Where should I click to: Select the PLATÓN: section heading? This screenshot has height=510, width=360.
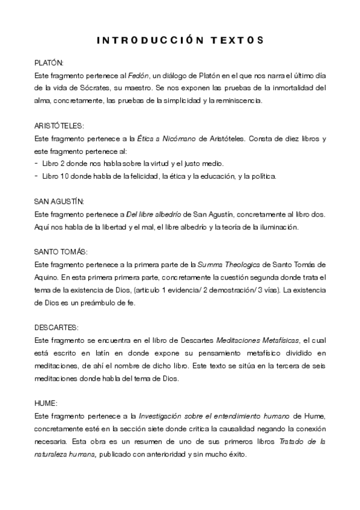click(48, 63)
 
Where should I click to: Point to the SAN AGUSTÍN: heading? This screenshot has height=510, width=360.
click(58, 201)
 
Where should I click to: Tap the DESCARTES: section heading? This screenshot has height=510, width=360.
click(56, 327)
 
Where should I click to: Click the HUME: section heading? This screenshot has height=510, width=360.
click(45, 403)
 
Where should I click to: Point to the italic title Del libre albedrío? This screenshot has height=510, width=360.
click(155, 214)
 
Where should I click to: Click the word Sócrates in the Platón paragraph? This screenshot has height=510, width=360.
click(95, 88)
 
